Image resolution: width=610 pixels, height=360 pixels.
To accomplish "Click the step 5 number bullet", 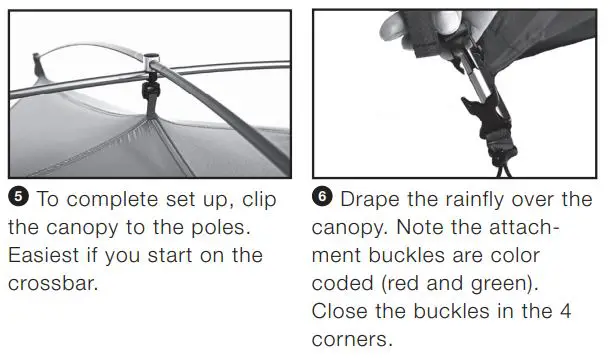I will click(18, 200).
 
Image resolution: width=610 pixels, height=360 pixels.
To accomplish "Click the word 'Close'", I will click(341, 311).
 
